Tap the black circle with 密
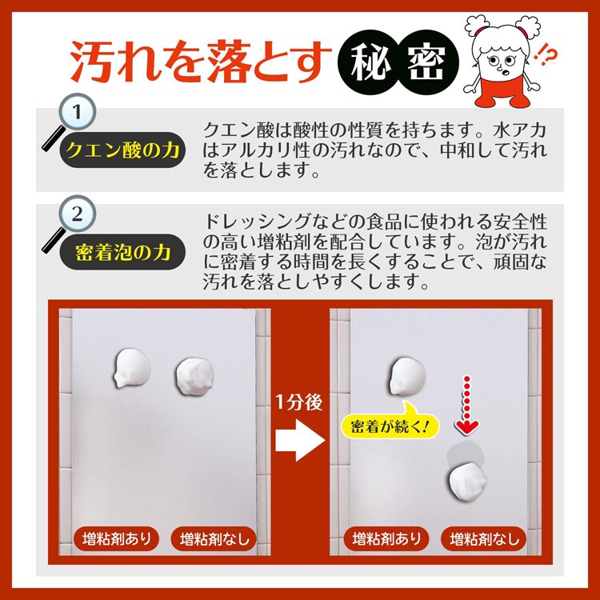[426, 62]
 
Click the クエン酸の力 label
[122, 150]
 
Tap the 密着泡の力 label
[122, 252]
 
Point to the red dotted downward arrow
[467, 405]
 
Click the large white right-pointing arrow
[300, 440]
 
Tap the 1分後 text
[300, 402]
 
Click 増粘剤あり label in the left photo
[117, 538]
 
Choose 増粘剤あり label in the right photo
[386, 538]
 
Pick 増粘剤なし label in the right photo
[484, 538]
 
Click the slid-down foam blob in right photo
[468, 482]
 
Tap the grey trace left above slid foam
[466, 454]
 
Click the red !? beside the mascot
[547, 56]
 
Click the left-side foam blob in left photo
[132, 368]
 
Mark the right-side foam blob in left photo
[194, 376]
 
